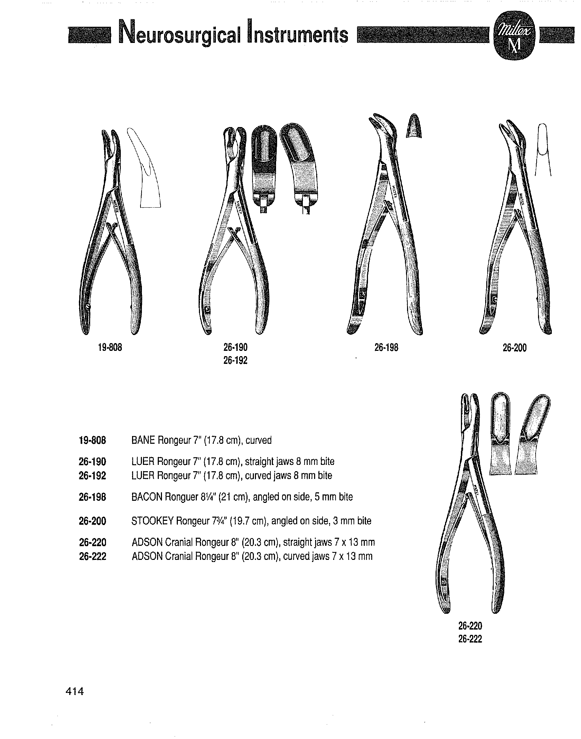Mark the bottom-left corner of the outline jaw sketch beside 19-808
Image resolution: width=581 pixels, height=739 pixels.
tap(140, 207)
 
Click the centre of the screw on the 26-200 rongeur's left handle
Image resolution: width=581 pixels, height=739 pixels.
tap(494, 300)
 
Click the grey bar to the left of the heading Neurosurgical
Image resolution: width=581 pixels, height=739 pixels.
tap(90, 35)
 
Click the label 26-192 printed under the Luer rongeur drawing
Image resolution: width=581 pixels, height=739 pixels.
tap(235, 361)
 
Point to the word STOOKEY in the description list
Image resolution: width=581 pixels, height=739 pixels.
tap(152, 521)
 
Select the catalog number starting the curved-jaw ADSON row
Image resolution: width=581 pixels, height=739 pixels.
tap(93, 556)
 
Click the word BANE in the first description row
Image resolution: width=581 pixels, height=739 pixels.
tap(143, 440)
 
